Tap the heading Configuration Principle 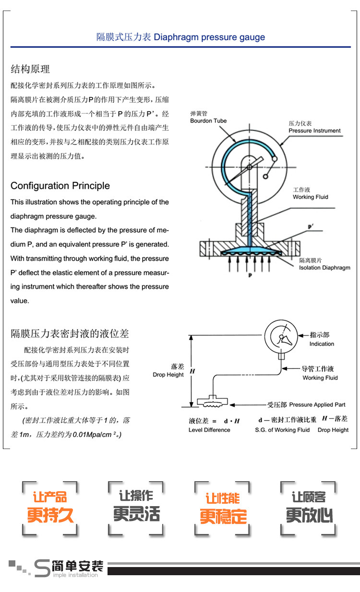[60, 186]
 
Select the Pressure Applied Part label [317, 404]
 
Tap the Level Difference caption [209, 430]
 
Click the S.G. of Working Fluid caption [282, 430]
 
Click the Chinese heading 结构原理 [30, 69]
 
